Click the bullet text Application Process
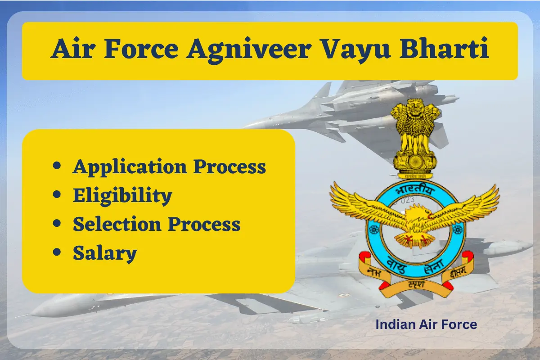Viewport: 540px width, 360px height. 169,167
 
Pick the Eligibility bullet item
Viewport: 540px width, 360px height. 122,195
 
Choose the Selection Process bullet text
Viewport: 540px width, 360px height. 157,224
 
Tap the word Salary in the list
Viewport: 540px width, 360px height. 105,253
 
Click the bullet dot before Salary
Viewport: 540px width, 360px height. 57,253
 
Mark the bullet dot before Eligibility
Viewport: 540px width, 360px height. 57,195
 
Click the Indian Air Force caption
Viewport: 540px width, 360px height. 426,324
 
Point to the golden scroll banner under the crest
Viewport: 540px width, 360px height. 414,286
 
